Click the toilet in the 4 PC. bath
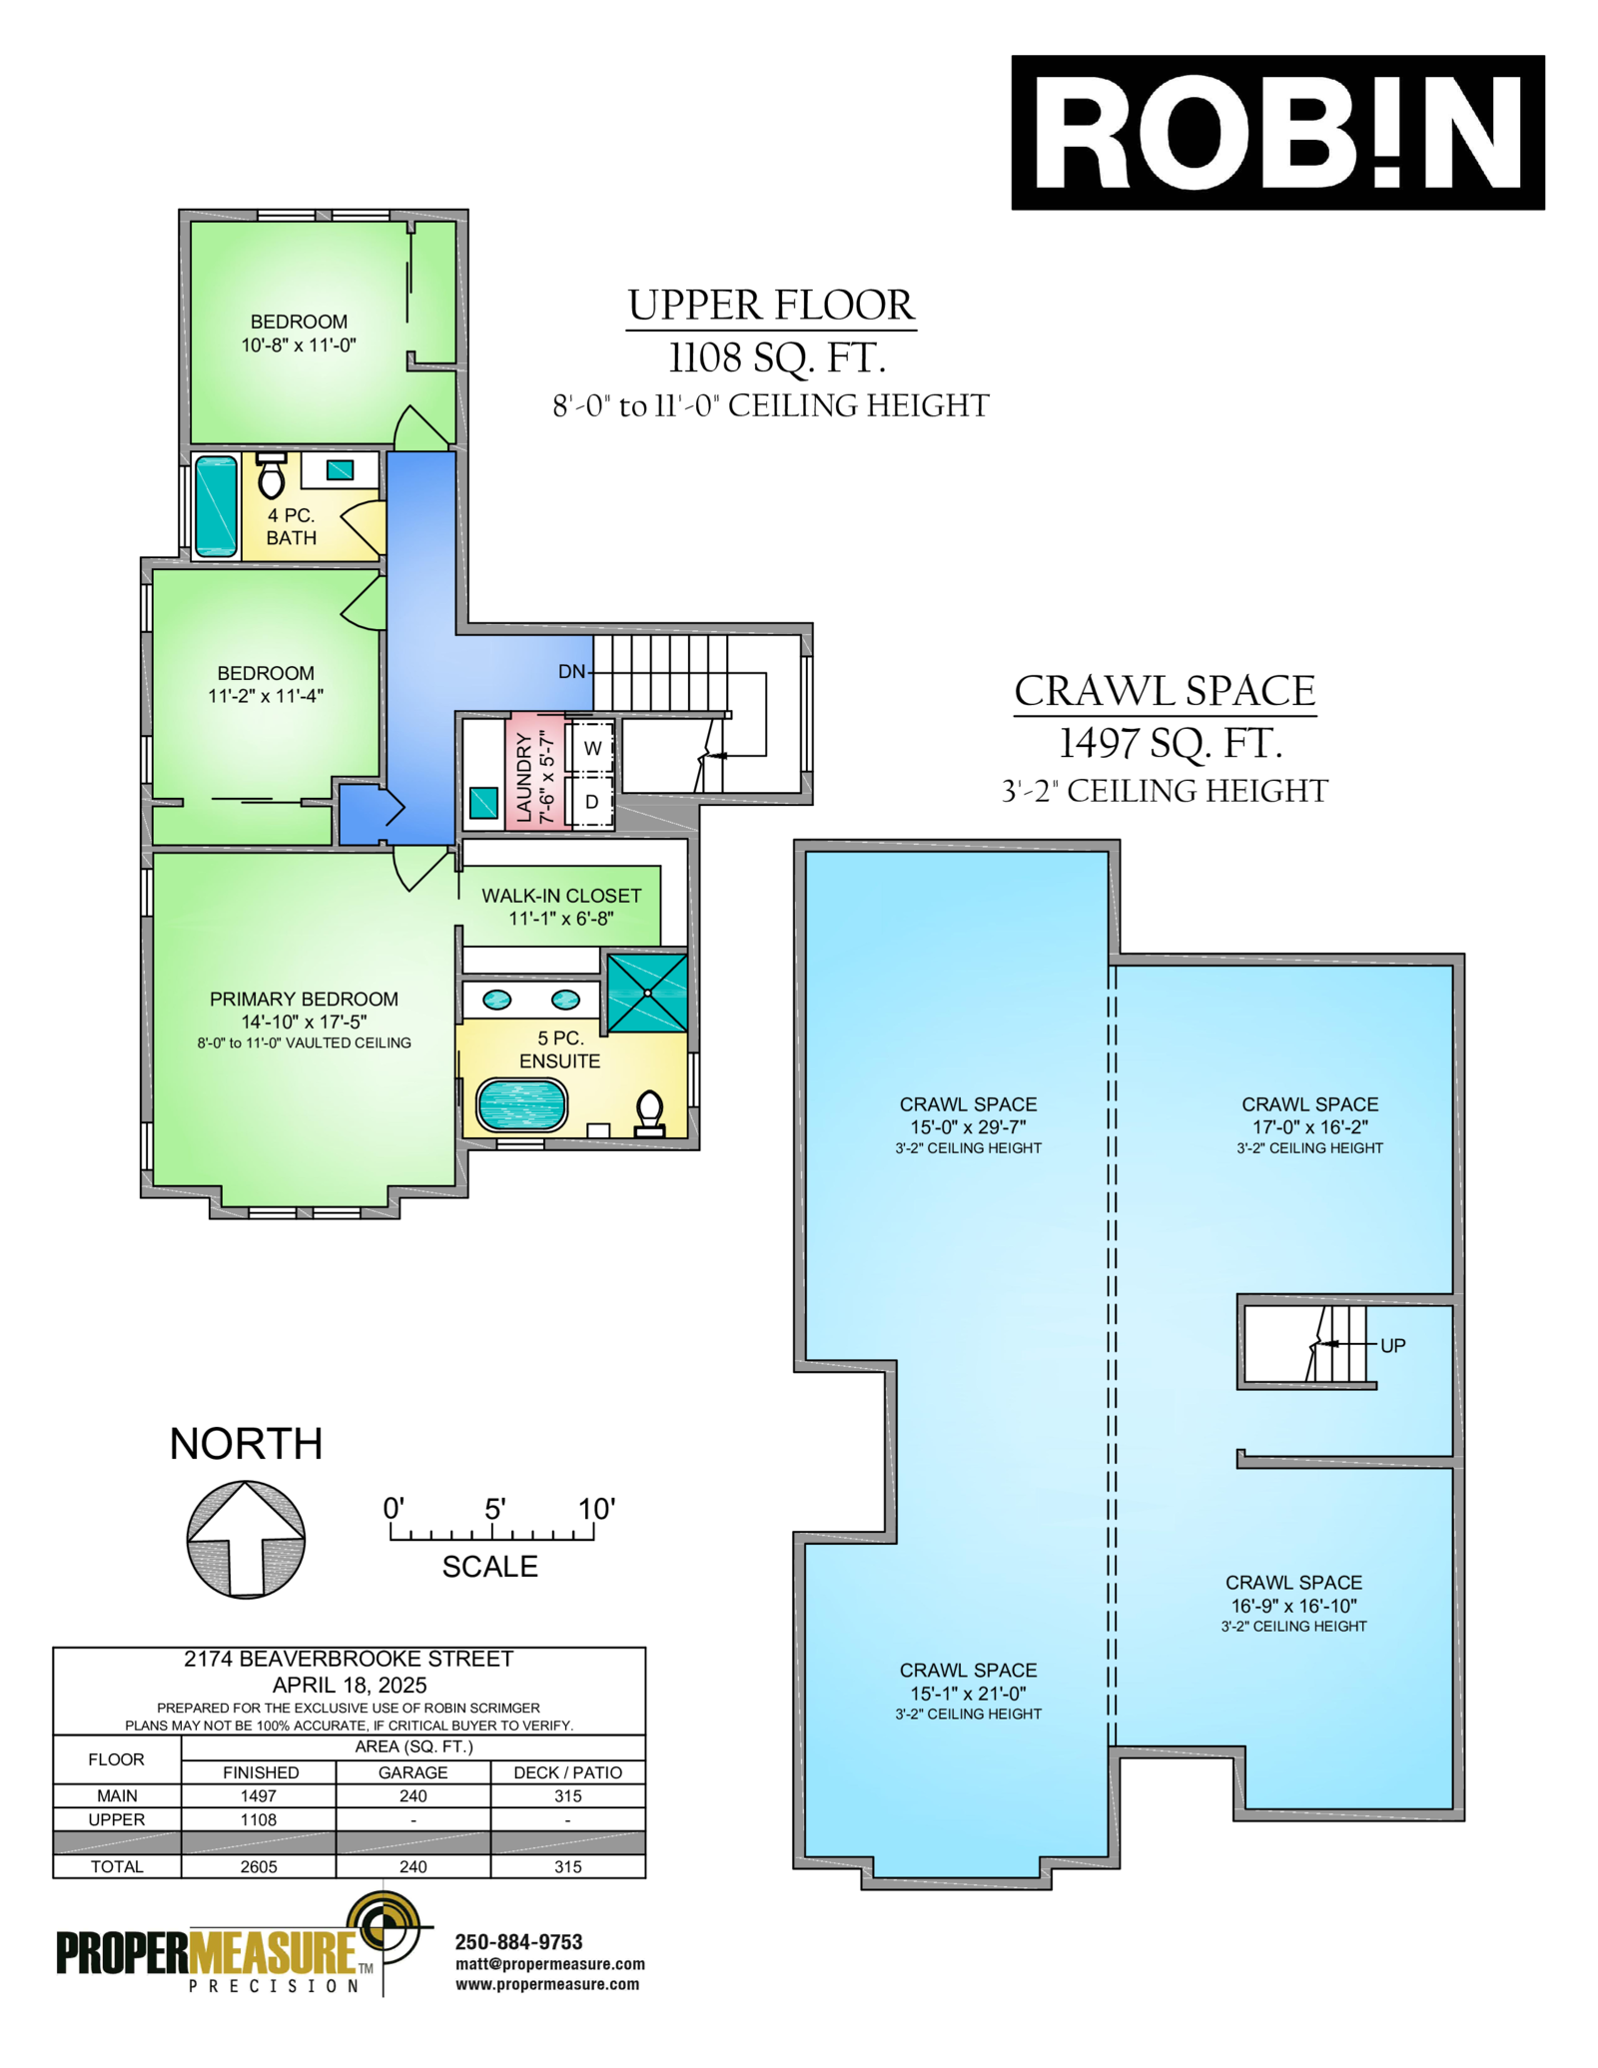tap(271, 475)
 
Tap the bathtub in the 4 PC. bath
tap(216, 505)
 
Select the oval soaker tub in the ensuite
tap(521, 1104)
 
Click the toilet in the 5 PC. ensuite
tap(649, 1113)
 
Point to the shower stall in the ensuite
tap(647, 993)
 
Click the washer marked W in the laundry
tap(591, 748)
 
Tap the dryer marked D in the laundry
tap(591, 801)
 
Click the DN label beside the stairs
tap(571, 672)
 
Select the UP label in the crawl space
tap(1392, 1345)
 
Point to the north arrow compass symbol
tap(246, 1539)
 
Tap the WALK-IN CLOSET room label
tap(561, 896)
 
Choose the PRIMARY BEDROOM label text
tap(304, 999)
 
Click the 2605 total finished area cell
tap(259, 1866)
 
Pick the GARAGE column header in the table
tap(412, 1772)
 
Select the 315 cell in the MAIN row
tap(567, 1795)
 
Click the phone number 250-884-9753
tap(518, 1942)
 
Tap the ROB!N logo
tap(1277, 132)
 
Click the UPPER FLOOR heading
tap(771, 305)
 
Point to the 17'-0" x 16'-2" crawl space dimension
tap(1309, 1126)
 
